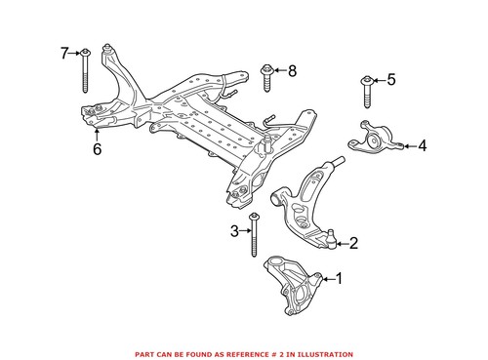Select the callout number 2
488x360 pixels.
353,244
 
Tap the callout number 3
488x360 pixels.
234,230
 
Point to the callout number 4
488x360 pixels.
423,146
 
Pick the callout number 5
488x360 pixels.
391,80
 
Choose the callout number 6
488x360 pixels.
97,149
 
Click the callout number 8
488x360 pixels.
291,70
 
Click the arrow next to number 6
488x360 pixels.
97,135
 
